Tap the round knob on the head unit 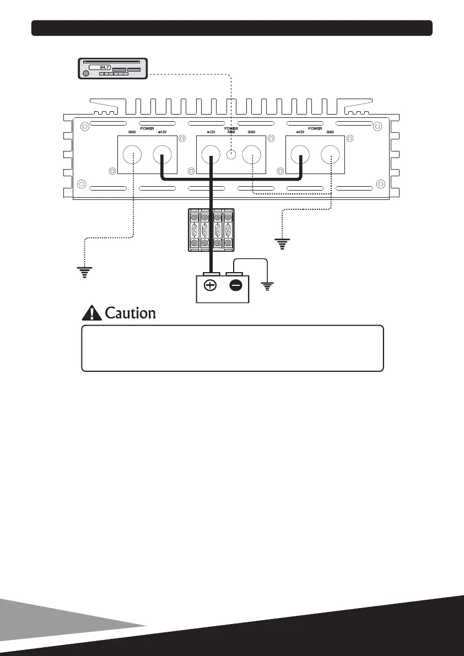pos(85,73)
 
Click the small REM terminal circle pos(232,155)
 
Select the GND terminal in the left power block pos(133,155)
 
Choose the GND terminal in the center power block pos(252,155)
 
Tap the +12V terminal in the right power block pos(301,155)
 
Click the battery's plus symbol pos(211,286)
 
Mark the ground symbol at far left pos(84,272)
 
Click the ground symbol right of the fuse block pos(283,242)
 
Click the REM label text pos(231,133)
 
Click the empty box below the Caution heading pos(232,348)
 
